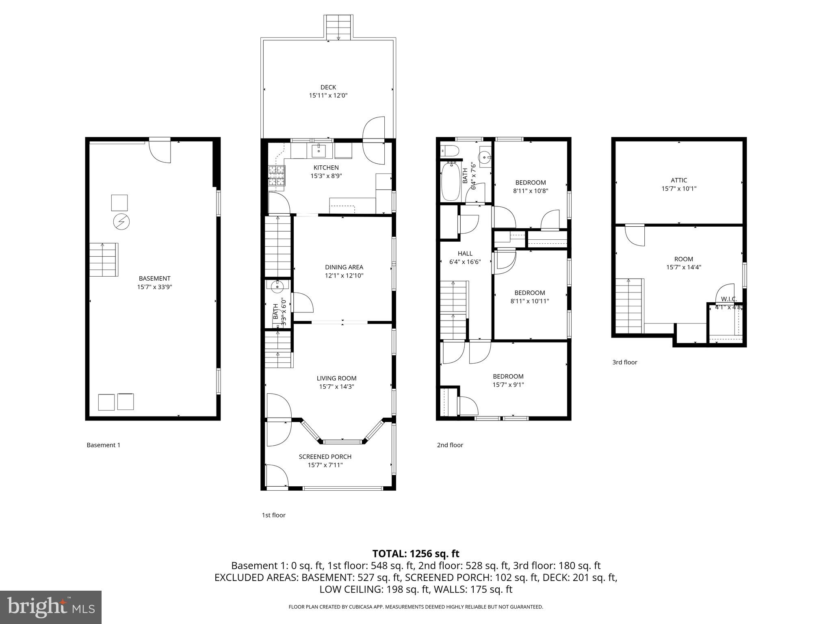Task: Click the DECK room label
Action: tap(328, 87)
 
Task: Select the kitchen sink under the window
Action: tap(318, 151)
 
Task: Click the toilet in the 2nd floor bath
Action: tap(449, 151)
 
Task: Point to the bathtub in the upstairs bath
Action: tap(450, 181)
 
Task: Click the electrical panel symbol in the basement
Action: tap(121, 222)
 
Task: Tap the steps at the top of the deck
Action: tap(338, 27)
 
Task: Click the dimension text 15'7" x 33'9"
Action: tap(154, 287)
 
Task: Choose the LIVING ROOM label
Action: tap(336, 378)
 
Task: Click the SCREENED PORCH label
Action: tap(325, 457)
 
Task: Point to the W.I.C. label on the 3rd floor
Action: tap(729, 299)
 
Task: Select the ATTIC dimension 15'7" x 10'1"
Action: tap(679, 188)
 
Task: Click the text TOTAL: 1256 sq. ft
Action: tap(416, 553)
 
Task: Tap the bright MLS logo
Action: tap(50, 607)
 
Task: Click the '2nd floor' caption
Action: tap(450, 445)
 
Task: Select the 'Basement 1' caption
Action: tap(103, 445)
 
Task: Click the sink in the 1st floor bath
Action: tap(277, 286)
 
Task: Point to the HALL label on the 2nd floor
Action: tap(465, 253)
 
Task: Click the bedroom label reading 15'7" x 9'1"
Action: tap(508, 385)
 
